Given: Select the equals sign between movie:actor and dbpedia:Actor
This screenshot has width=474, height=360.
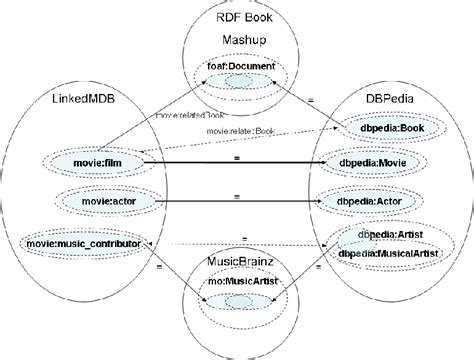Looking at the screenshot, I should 238,195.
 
